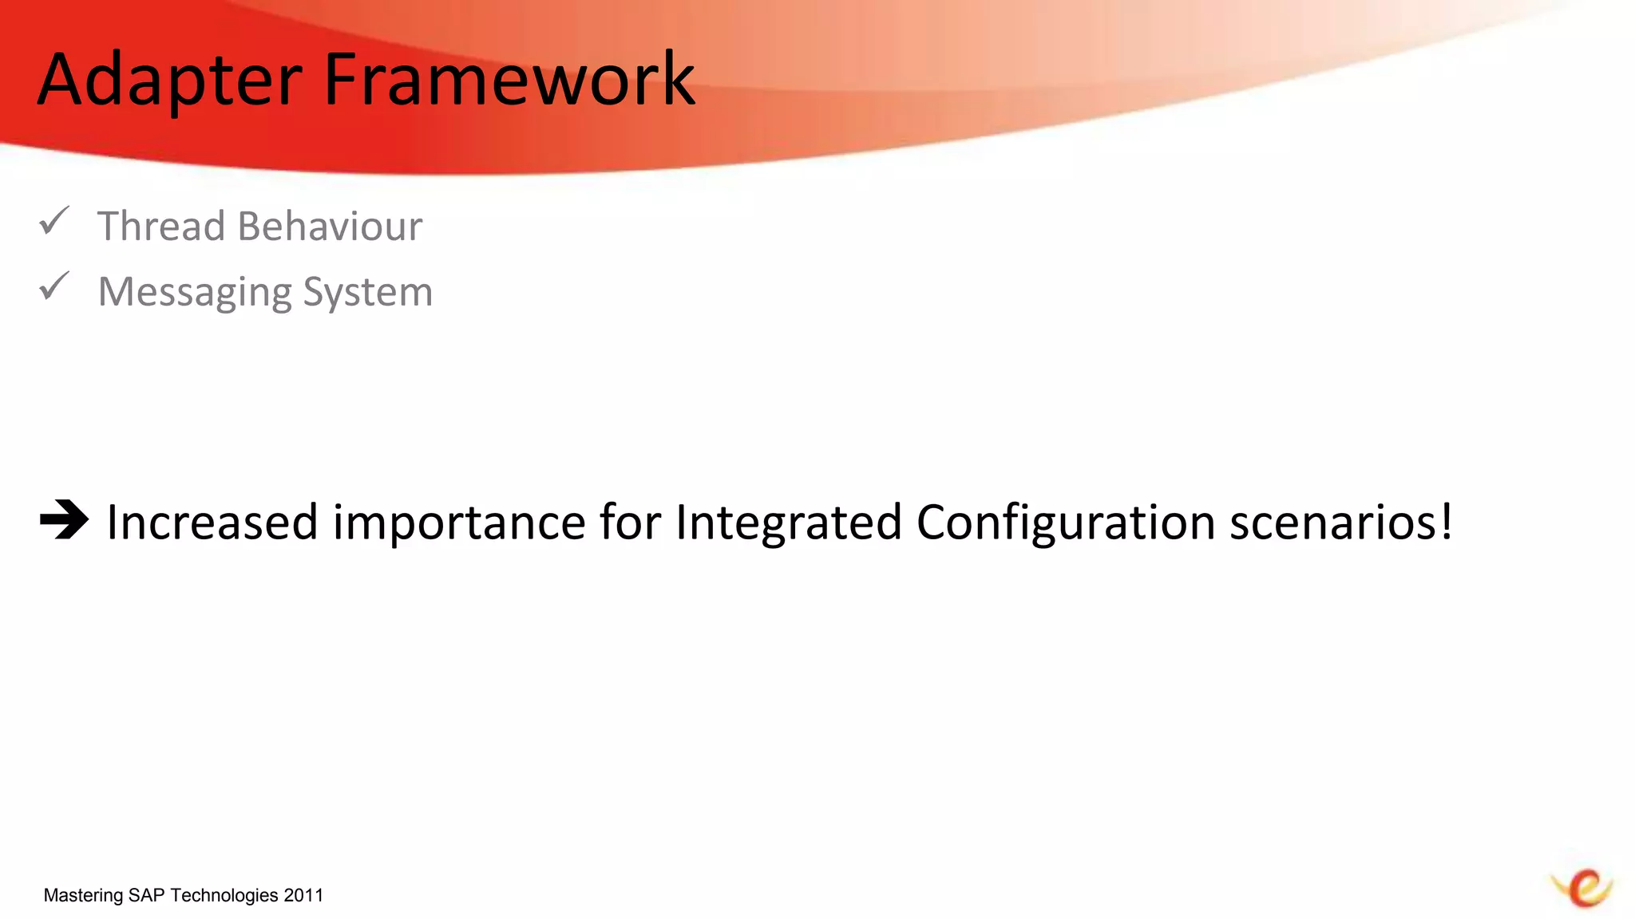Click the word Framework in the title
coord(509,80)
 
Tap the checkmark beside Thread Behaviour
coord(54,221)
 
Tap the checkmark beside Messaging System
coord(54,286)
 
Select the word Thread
coord(160,227)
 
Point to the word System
coord(368,293)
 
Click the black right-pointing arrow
coord(64,520)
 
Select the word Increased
coord(212,523)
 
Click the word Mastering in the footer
coord(83,896)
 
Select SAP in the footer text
coord(145,895)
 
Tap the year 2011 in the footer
coord(303,895)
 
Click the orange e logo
coord(1584,888)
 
